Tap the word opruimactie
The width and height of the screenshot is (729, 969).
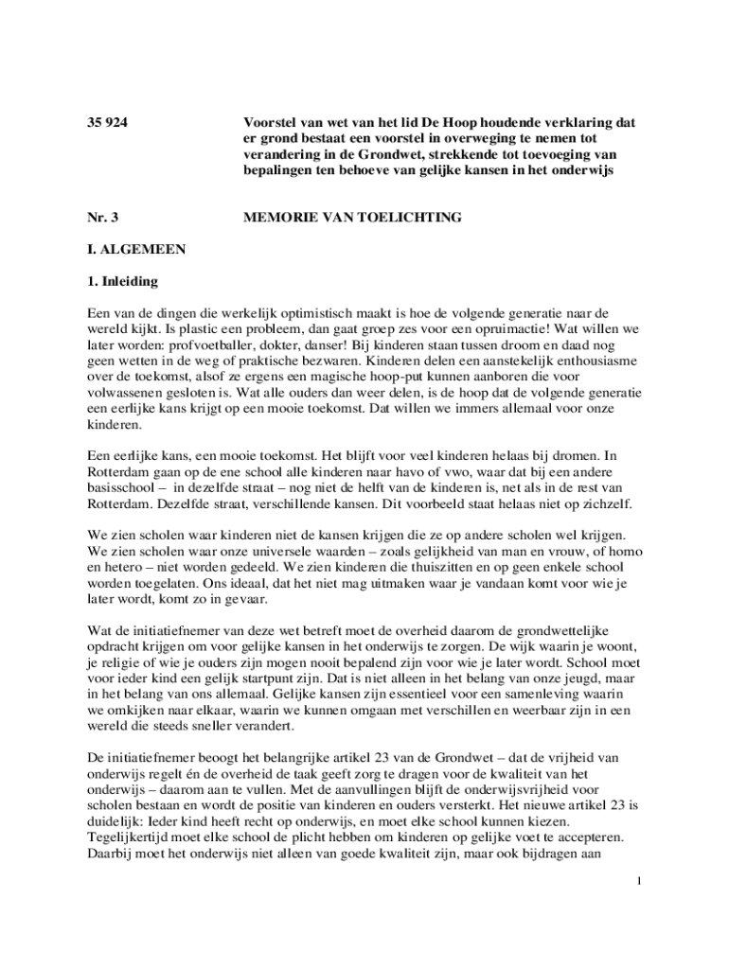[471, 330]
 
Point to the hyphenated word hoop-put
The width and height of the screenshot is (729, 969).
[385, 378]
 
